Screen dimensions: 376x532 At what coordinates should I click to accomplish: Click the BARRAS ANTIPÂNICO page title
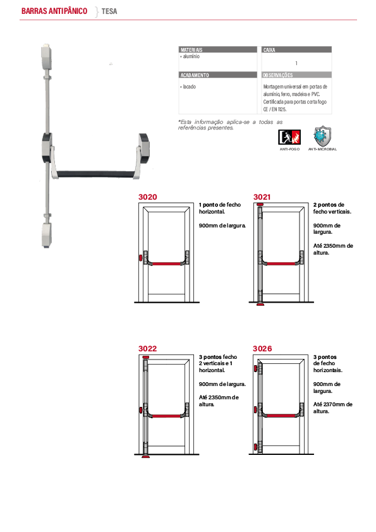pyautogui.click(x=54, y=11)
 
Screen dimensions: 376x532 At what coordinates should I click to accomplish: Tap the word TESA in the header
pyautogui.click(x=109, y=11)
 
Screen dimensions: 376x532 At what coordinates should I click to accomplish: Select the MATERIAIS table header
pyautogui.click(x=191, y=49)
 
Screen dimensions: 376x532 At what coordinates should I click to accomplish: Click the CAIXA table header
pyautogui.click(x=269, y=49)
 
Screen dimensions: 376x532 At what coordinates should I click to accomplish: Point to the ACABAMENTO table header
pyautogui.click(x=195, y=75)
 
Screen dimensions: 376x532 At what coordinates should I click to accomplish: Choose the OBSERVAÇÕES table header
pyautogui.click(x=277, y=75)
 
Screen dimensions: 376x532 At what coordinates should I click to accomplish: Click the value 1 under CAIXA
pyautogui.click(x=296, y=63)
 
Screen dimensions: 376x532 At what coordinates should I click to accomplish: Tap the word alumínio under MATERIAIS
pyautogui.click(x=191, y=56)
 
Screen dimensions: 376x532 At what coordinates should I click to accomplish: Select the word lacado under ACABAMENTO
pyautogui.click(x=190, y=87)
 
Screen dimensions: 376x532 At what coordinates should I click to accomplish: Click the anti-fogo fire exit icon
pyautogui.click(x=289, y=137)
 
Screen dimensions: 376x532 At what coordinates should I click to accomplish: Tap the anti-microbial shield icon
pyautogui.click(x=322, y=136)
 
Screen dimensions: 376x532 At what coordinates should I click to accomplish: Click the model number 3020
pyautogui.click(x=148, y=197)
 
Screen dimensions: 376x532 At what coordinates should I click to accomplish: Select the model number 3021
pyautogui.click(x=262, y=197)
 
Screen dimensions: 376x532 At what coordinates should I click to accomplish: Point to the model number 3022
pyautogui.click(x=148, y=349)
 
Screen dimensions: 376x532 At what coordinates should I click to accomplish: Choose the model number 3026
pyautogui.click(x=262, y=349)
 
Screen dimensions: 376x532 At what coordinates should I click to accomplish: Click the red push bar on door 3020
pyautogui.click(x=166, y=263)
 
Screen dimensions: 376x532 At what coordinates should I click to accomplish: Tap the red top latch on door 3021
pyautogui.click(x=260, y=205)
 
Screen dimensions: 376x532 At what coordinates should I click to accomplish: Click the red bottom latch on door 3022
pyautogui.click(x=145, y=457)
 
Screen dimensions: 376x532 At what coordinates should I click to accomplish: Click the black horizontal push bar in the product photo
pyautogui.click(x=95, y=174)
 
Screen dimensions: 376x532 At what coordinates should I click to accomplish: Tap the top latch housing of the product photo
pyautogui.click(x=46, y=56)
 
